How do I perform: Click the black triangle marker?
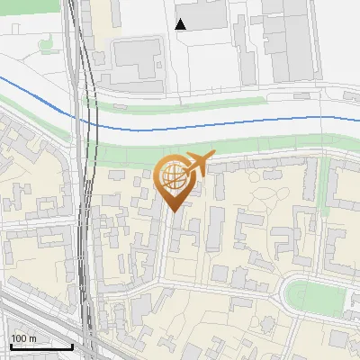(181, 24)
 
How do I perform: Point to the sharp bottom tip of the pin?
(174, 211)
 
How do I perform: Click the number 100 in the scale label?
(19, 338)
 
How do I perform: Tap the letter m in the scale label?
(31, 338)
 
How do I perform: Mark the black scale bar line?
(40, 346)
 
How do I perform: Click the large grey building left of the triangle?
(136, 63)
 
